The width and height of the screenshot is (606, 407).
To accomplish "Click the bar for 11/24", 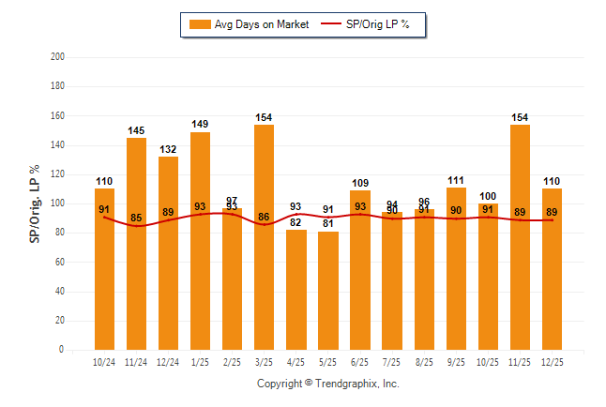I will tap(136, 244).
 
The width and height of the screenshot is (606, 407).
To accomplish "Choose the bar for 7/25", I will tap(392, 281).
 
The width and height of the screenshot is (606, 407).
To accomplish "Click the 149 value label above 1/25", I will tap(200, 123).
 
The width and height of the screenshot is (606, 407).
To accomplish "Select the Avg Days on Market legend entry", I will tap(249, 24).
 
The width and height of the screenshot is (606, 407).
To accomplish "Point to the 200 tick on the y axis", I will tap(57, 57).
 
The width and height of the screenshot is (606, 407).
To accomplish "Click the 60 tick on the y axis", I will tap(60, 262).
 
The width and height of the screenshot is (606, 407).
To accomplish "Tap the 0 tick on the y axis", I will tap(62, 350).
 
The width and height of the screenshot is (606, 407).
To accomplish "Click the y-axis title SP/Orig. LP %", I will tap(35, 203).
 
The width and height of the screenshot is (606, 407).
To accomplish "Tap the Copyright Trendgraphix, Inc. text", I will tap(328, 384).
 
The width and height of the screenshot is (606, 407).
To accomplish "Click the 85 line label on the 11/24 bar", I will tap(136, 219).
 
